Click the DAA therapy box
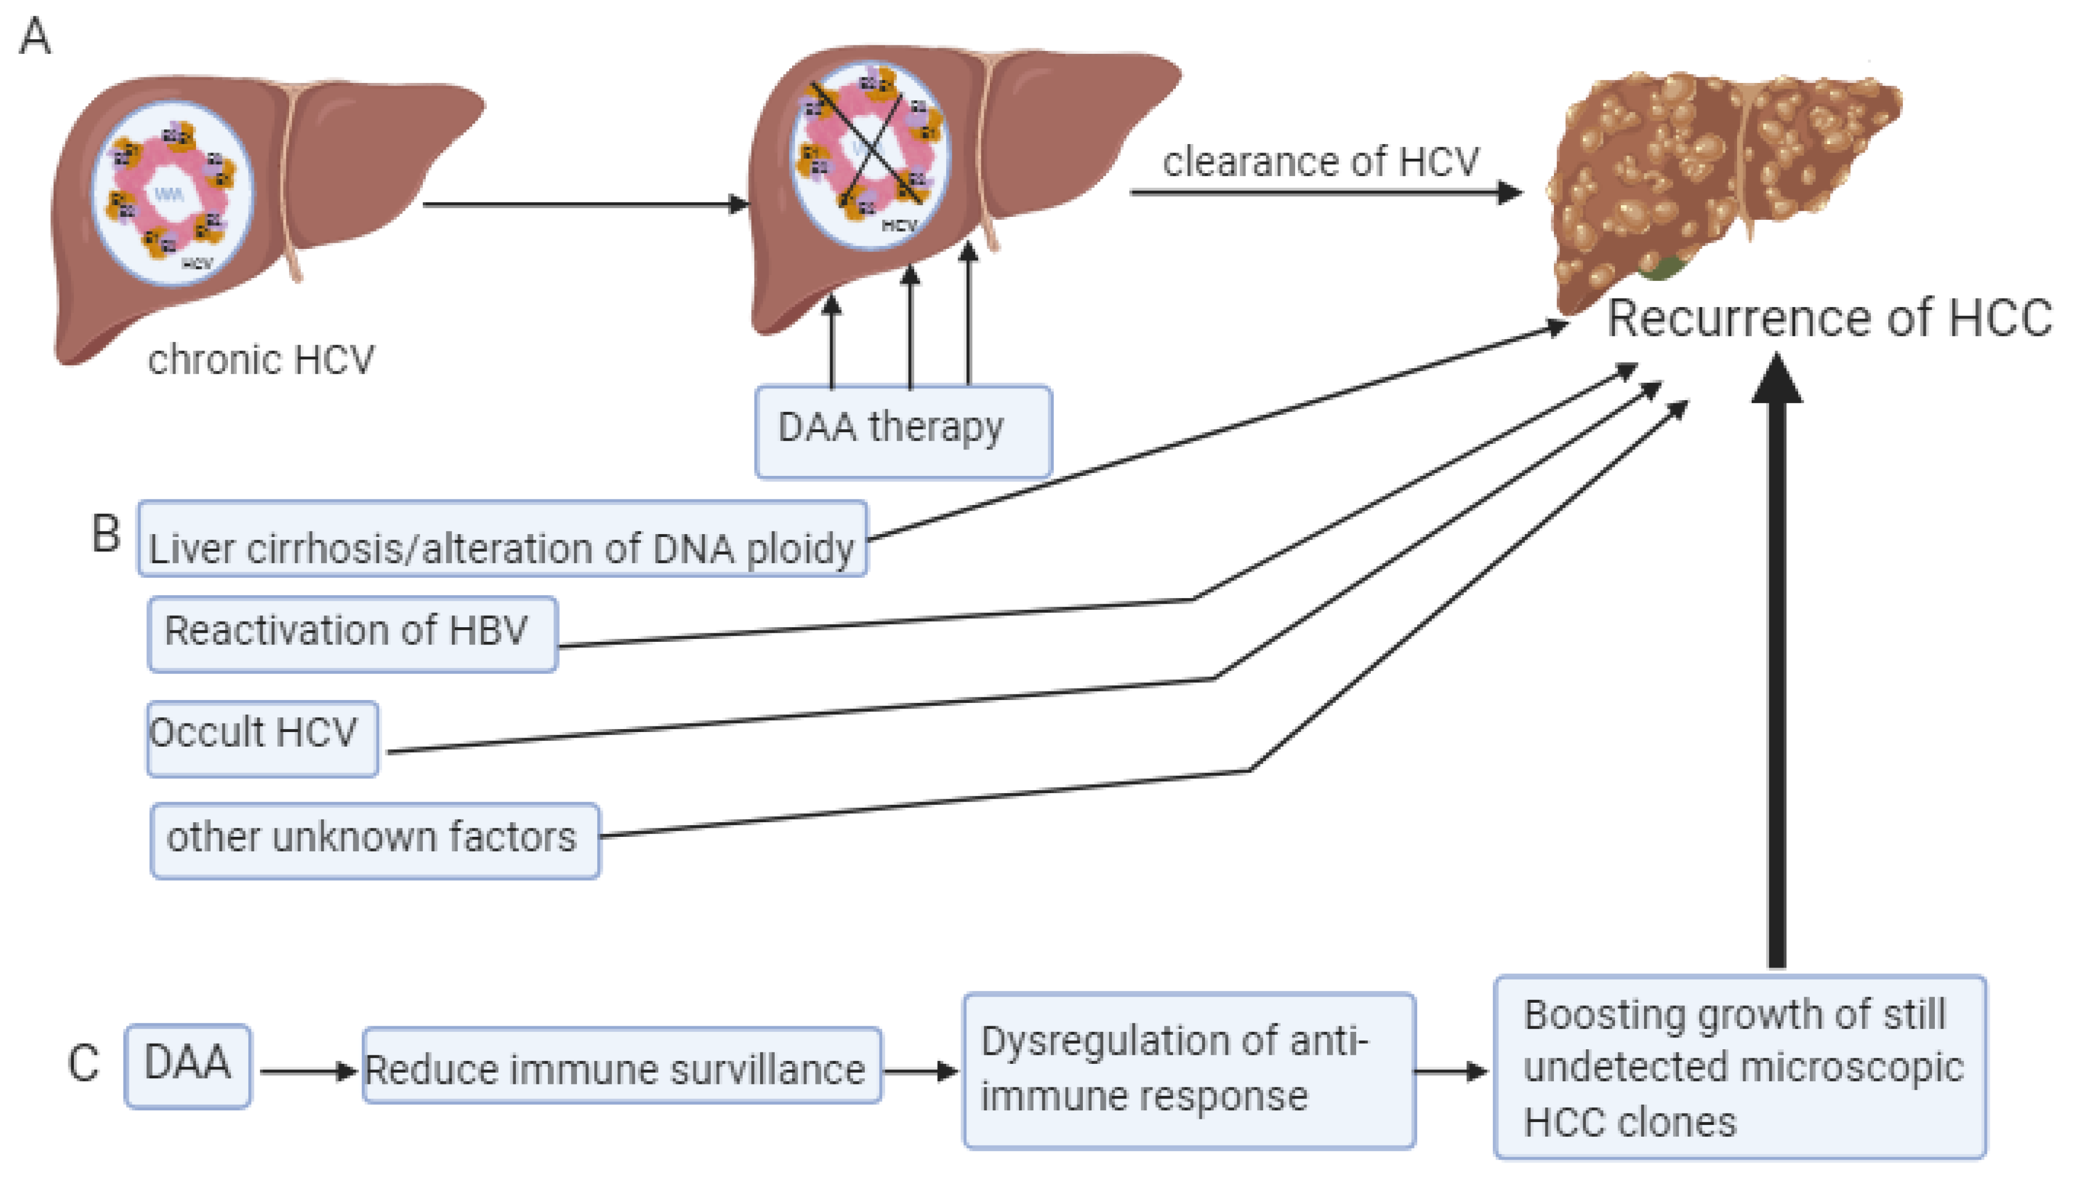tap(903, 431)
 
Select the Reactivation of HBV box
tap(352, 634)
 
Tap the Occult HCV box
tap(262, 738)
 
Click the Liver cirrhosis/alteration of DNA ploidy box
tap(501, 539)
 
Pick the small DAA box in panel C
tap(187, 1065)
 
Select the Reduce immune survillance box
tap(621, 1065)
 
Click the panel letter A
tap(35, 36)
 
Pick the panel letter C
tap(83, 1064)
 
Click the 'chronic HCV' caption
tap(260, 359)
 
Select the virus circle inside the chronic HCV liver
tap(172, 193)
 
